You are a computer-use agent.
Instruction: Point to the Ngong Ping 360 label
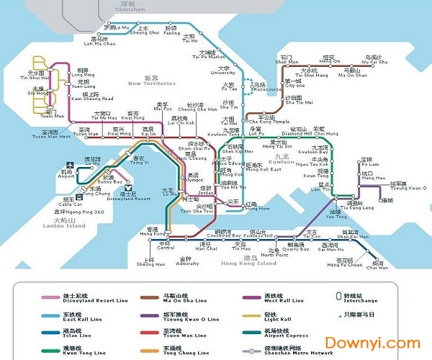78,212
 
